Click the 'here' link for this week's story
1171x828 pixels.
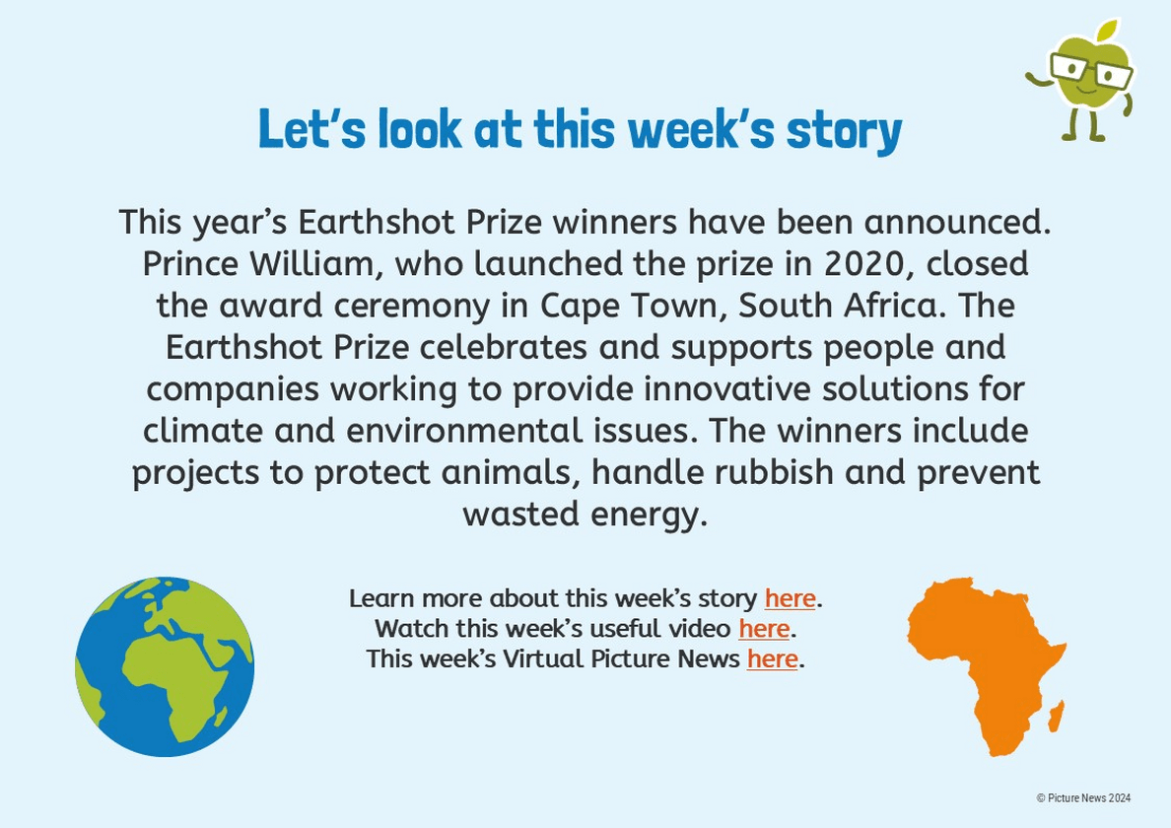(x=790, y=598)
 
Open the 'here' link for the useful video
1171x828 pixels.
(x=764, y=629)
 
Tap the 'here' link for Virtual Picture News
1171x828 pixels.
(x=772, y=659)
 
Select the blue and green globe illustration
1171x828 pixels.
(x=165, y=666)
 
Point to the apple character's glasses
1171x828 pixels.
(x=1091, y=71)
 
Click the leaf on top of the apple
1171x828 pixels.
(x=1108, y=31)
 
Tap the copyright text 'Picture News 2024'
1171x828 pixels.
(x=1089, y=798)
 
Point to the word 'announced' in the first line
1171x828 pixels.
(x=957, y=222)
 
